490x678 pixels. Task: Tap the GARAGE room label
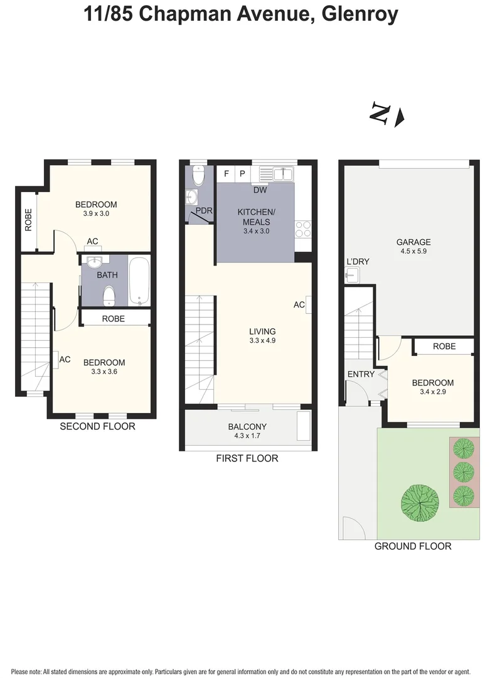point(413,242)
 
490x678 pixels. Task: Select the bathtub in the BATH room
point(139,281)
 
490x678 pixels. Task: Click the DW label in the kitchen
point(260,190)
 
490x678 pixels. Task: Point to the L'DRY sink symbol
point(351,274)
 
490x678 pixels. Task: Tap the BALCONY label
point(247,427)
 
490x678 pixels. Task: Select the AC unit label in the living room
point(299,304)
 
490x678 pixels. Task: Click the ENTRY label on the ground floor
point(361,374)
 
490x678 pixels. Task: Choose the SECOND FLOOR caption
point(97,426)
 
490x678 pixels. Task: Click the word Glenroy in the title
point(359,14)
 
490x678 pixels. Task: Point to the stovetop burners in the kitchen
point(303,229)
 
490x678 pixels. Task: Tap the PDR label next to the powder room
point(204,211)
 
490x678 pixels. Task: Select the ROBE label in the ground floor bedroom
point(444,346)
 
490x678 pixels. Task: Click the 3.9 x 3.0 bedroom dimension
point(96,213)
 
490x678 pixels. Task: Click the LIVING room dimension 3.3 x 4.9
point(262,341)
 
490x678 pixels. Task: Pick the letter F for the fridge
point(226,173)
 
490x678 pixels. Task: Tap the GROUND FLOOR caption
point(413,546)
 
